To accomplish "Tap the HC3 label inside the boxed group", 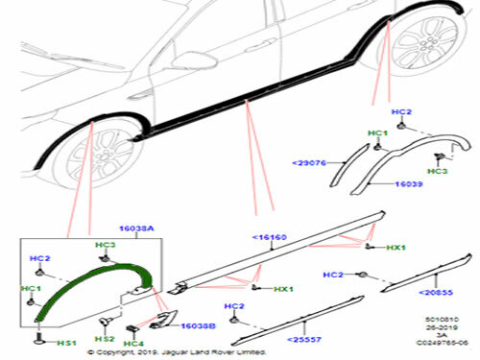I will [x=105, y=247].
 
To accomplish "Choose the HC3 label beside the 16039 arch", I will [x=438, y=171].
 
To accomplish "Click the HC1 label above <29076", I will [x=377, y=132].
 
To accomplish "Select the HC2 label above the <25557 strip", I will [x=232, y=305].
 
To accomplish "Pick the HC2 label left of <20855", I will [x=332, y=276].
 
